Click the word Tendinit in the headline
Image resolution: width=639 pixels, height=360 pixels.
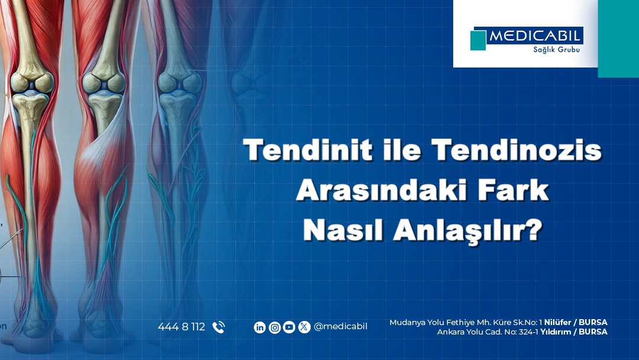tap(308, 150)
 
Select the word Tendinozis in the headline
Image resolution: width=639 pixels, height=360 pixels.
tap(517, 150)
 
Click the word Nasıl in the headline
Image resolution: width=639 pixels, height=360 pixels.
tap(343, 230)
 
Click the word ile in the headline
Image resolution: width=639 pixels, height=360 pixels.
tap(402, 150)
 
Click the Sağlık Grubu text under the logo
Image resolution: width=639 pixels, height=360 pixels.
tap(556, 50)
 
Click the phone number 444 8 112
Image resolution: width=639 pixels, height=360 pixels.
tap(182, 327)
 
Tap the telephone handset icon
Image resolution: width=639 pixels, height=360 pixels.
tap(218, 327)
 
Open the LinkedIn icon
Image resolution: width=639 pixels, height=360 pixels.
tap(260, 327)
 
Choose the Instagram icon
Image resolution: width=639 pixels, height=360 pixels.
tap(275, 327)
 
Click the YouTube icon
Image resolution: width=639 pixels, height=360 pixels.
tap(289, 327)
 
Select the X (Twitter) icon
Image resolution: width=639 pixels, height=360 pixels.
tap(304, 327)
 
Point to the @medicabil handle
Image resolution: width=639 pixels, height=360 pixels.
tap(340, 327)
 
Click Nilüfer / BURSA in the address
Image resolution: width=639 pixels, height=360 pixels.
tap(576, 323)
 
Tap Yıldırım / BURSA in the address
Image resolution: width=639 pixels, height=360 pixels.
tap(574, 332)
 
